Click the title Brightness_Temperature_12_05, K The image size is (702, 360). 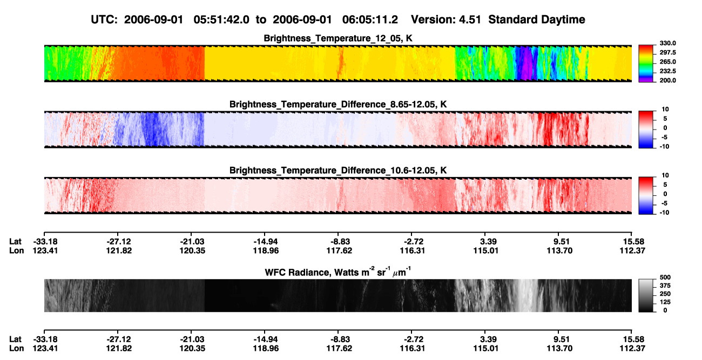[x=338, y=38]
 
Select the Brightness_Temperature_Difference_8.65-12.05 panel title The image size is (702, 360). [x=338, y=104]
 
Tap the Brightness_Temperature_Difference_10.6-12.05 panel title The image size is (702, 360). [x=338, y=171]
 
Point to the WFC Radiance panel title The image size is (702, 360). [x=338, y=272]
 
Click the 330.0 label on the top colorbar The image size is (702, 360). [x=667, y=43]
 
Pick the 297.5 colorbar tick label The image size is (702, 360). [x=667, y=53]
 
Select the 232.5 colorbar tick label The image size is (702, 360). [x=667, y=71]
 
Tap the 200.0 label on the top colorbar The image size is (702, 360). [x=667, y=80]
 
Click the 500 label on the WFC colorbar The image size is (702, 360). [x=665, y=277]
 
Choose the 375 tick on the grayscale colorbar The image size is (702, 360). [x=665, y=286]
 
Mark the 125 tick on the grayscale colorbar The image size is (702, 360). [x=665, y=302]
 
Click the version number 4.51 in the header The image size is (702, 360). [x=470, y=20]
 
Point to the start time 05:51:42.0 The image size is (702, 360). [x=221, y=20]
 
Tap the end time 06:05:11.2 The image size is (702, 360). [x=370, y=20]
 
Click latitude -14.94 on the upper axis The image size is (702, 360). [x=266, y=242]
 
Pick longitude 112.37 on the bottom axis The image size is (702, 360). [x=632, y=349]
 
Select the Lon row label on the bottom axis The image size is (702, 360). [x=16, y=349]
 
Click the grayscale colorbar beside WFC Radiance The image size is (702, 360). [x=646, y=295]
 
